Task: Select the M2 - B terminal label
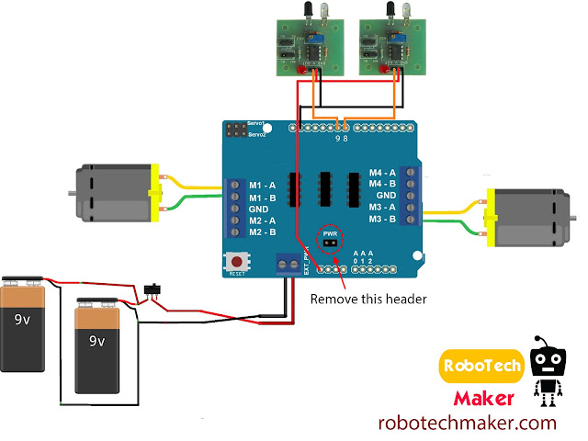point(263,232)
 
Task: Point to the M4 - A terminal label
point(382,172)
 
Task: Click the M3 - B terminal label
point(382,219)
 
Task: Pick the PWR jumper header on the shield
point(330,243)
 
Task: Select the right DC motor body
point(531,219)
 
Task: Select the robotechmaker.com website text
point(468,424)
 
